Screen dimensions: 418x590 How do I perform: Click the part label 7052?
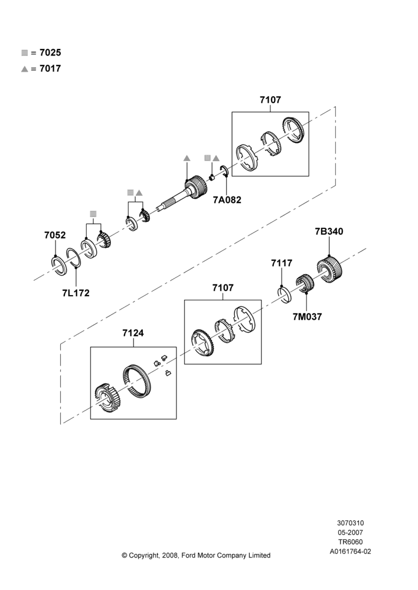tap(55, 235)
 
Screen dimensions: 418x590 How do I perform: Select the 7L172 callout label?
tap(76, 293)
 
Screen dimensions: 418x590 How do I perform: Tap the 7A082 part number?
tap(227, 200)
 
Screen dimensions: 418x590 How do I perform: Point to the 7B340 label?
tap(329, 231)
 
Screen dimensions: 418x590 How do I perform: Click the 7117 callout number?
tap(282, 263)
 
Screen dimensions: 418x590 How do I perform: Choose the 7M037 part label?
tap(307, 317)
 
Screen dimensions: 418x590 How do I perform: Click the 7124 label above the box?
tap(133, 333)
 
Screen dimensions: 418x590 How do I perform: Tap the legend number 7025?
tap(50, 53)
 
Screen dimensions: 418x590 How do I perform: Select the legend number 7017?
tap(50, 68)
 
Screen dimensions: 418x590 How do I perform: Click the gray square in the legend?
tap(24, 53)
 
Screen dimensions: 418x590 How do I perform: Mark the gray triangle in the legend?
tap(24, 69)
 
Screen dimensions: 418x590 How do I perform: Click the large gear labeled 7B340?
tap(329, 269)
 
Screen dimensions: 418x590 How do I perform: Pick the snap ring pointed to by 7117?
tap(285, 294)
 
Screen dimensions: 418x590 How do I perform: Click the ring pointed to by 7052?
tap(59, 265)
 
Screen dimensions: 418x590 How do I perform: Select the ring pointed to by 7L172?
tap(74, 258)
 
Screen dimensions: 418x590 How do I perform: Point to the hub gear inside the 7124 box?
tap(107, 398)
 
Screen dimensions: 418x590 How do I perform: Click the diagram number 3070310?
tap(350, 523)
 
